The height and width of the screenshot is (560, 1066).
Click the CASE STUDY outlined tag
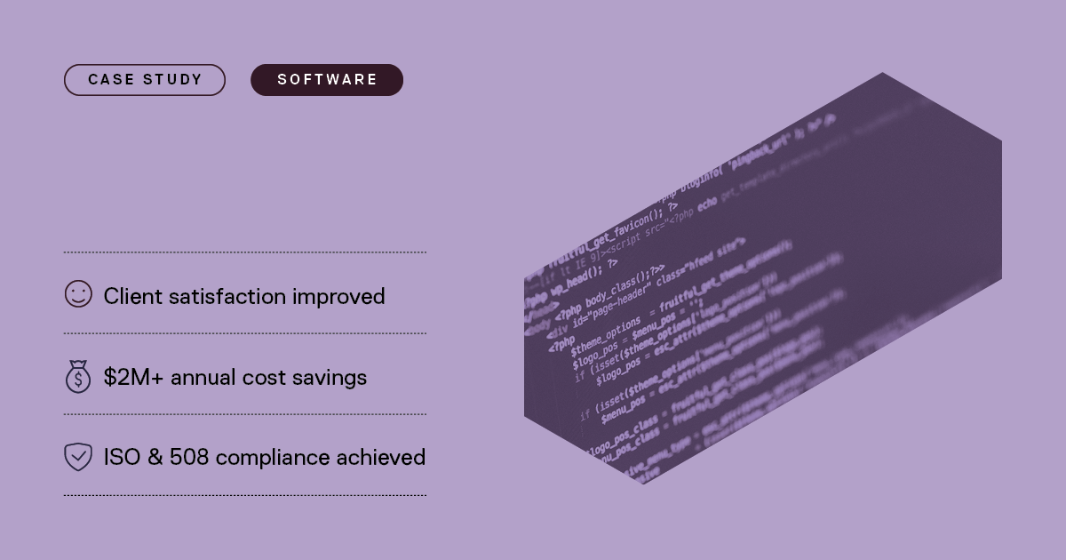tap(145, 80)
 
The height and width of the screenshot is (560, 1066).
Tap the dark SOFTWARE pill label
tap(327, 80)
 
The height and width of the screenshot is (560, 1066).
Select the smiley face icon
tap(78, 294)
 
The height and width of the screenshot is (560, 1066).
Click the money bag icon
tap(78, 377)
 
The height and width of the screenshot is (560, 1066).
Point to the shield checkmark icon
tap(78, 457)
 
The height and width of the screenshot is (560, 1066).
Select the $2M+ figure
tap(133, 377)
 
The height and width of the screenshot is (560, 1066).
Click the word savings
tap(330, 378)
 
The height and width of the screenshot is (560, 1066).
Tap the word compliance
tap(272, 458)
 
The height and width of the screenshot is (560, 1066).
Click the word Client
tap(131, 296)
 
